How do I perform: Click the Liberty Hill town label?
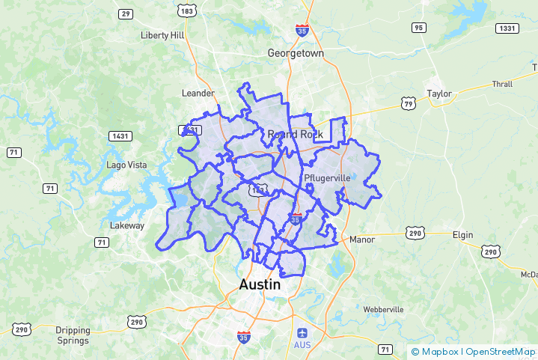(162, 35)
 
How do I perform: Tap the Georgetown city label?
(296, 54)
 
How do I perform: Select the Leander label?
(198, 93)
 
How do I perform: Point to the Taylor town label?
(439, 94)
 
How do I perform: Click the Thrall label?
(502, 84)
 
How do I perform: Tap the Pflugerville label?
(328, 178)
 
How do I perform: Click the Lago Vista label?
(124, 165)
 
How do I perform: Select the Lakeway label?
(127, 225)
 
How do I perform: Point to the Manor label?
(361, 240)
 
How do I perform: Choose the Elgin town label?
(462, 235)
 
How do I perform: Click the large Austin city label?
(260, 285)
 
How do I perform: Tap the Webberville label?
(383, 309)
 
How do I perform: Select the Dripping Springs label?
(73, 335)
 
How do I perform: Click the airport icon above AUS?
(302, 332)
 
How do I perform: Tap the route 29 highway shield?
(126, 13)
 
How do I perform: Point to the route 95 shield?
(418, 28)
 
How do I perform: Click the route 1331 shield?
(507, 28)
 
